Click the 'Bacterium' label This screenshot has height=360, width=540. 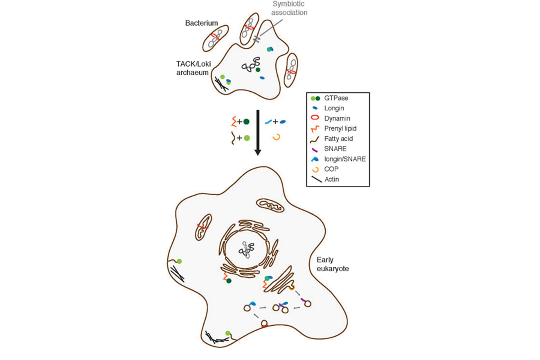202,22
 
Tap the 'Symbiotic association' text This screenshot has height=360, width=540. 289,8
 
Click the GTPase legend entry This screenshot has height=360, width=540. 335,98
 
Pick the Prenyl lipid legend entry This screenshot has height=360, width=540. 340,128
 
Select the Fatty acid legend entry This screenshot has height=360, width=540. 338,139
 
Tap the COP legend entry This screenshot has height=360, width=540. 332,169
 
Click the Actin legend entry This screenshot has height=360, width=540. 333,179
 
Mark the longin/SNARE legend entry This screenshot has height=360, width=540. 345,159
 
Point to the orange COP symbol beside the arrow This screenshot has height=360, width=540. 276,137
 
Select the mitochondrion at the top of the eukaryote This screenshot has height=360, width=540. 270,206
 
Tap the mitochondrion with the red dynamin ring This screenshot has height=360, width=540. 203,227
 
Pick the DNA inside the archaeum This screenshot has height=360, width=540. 251,65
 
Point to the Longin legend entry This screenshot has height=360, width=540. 335,108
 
